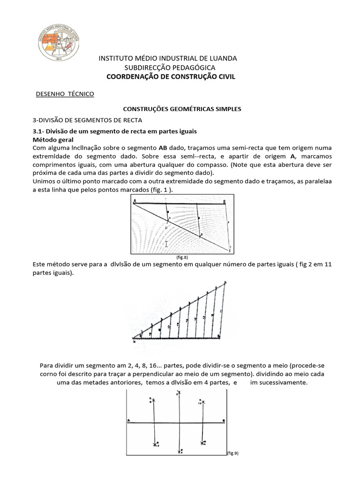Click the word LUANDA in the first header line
click(221, 58)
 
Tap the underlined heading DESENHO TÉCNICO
click(65, 94)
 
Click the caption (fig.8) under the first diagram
click(182, 258)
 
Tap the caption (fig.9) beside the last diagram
click(233, 453)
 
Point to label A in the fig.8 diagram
click(135, 200)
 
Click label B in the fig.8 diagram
click(225, 200)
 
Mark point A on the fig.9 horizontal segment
click(129, 421)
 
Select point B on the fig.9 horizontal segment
click(224, 421)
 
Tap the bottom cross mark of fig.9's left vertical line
click(155, 444)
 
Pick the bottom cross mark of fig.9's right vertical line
click(202, 442)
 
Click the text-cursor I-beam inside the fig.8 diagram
click(166, 244)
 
